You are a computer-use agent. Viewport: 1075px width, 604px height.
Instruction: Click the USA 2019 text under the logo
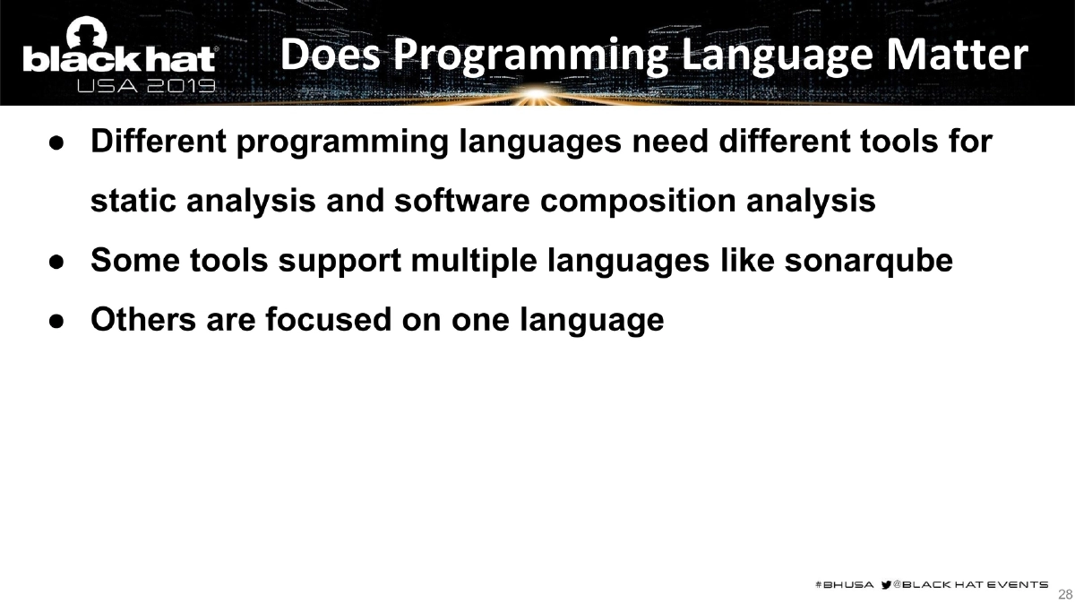146,86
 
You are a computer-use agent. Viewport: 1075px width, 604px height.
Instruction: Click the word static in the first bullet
135,201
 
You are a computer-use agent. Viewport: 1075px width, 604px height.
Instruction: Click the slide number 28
1065,594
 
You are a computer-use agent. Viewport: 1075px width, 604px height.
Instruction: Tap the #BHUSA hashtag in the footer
844,584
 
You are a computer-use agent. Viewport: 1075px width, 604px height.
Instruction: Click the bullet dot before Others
56,320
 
